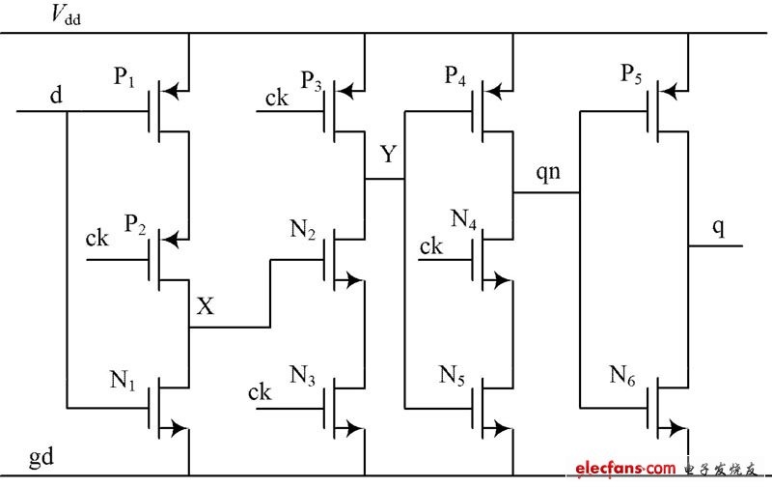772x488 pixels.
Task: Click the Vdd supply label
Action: tap(66, 15)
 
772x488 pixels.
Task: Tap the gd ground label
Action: tap(41, 457)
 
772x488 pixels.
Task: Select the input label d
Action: tap(57, 94)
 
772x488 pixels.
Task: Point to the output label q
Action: tap(718, 228)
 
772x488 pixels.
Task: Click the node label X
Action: tap(206, 305)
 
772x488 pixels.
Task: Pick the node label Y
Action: tap(389, 154)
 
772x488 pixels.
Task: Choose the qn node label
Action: tap(548, 172)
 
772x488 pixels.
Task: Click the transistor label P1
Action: tap(124, 77)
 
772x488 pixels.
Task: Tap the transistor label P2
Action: tap(135, 224)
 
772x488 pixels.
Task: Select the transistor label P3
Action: tap(311, 81)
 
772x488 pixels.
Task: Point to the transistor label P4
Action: tap(455, 76)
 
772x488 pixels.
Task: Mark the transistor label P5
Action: tap(631, 74)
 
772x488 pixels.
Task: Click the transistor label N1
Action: tap(123, 380)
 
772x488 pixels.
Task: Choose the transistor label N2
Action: tap(303, 229)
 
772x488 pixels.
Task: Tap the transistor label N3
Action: tap(302, 376)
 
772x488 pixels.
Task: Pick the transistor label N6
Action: tap(622, 375)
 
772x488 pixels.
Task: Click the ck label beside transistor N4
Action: tap(430, 246)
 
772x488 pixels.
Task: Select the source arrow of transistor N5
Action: tap(502, 428)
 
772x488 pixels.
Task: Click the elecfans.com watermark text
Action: tap(625, 468)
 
